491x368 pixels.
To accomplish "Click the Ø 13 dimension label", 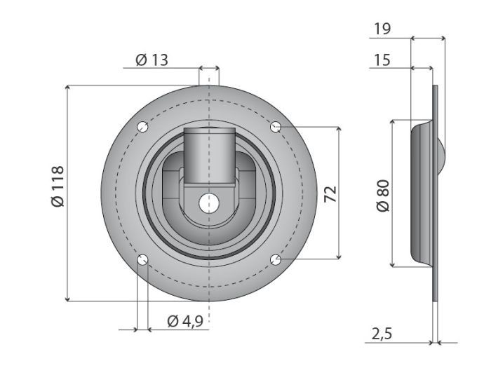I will [x=152, y=60].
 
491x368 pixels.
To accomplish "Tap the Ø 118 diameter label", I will [x=58, y=186].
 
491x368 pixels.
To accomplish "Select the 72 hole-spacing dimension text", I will [x=331, y=193].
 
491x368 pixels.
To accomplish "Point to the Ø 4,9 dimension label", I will [x=185, y=321].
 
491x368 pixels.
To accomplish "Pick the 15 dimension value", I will [x=382, y=60].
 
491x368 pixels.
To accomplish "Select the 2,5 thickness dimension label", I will [x=382, y=334].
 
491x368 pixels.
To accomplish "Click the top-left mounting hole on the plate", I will [x=143, y=128].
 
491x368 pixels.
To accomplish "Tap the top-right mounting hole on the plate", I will [x=276, y=127].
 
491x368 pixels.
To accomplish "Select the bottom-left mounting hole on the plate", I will [x=143, y=261].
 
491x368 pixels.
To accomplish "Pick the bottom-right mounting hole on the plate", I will [x=276, y=261].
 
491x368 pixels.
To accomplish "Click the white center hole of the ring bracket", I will [x=208, y=203].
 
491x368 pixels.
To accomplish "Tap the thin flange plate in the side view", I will [x=436, y=280].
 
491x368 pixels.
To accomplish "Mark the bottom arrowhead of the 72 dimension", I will [x=340, y=257].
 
